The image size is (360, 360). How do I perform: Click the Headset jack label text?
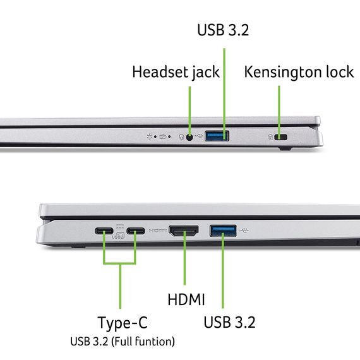point(176,72)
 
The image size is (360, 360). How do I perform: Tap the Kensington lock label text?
point(299,72)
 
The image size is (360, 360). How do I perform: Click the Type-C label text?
point(123,323)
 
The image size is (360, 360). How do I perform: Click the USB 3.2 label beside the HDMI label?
point(229,322)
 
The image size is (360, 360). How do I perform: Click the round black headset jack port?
point(189,136)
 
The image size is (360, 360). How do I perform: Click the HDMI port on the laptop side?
point(184,231)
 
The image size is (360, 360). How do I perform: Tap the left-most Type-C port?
point(104,231)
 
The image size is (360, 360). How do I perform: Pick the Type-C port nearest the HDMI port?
point(135,231)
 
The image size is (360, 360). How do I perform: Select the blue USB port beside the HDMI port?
point(224,231)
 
